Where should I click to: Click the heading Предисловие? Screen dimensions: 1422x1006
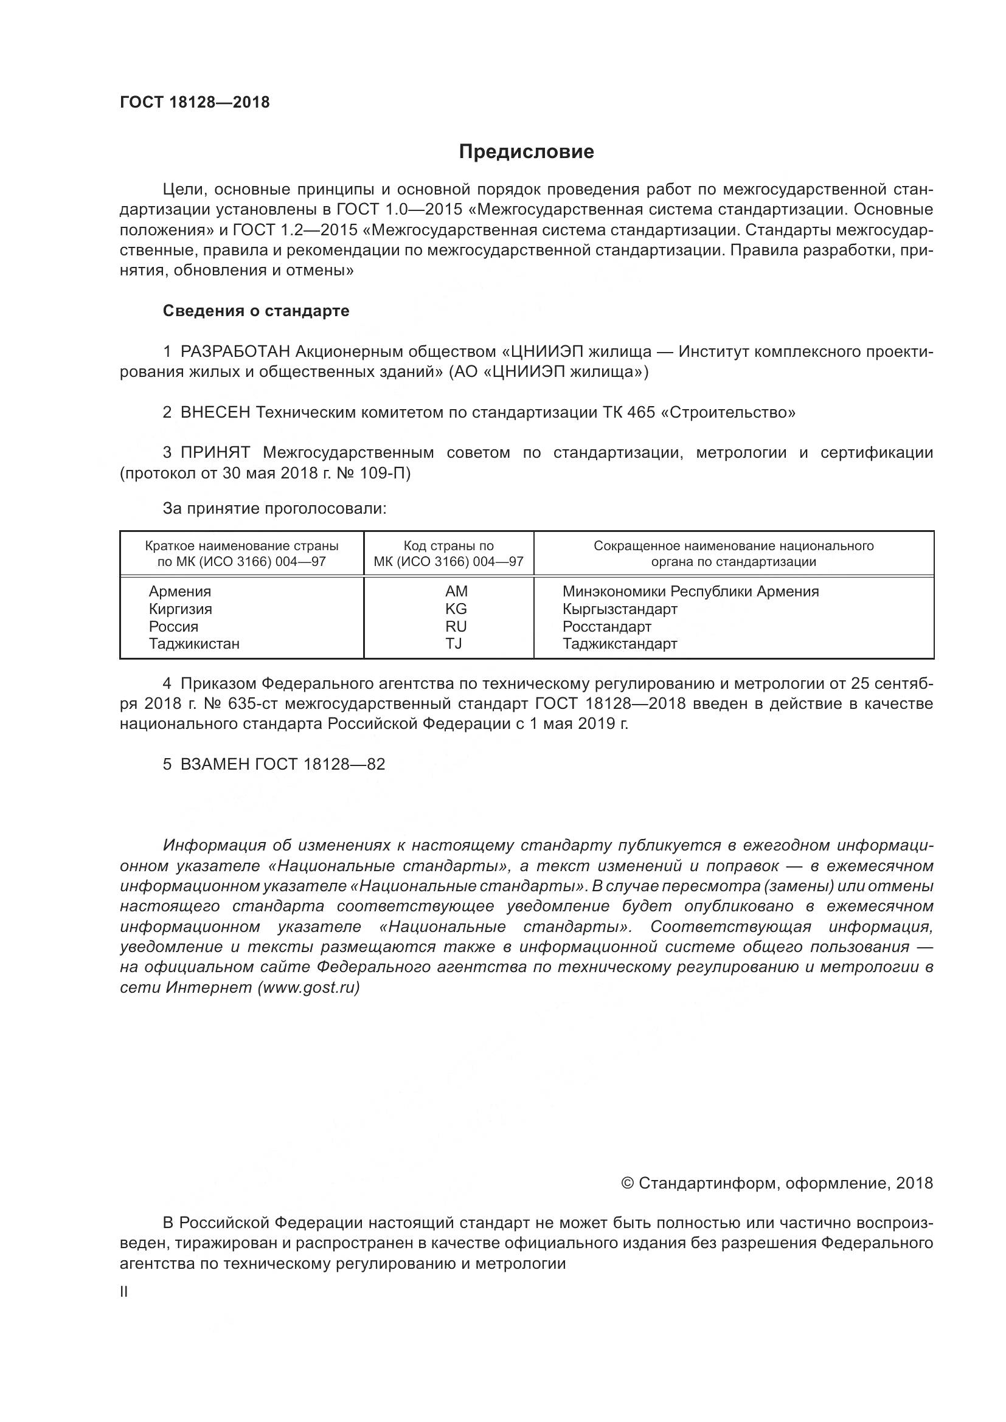526,152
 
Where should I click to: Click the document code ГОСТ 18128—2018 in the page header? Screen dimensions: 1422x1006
195,102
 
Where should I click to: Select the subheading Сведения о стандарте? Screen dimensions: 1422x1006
256,311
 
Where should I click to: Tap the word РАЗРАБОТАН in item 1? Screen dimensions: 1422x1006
235,352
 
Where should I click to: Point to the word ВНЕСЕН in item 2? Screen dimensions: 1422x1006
215,412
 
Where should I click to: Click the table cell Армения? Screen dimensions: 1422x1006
179,592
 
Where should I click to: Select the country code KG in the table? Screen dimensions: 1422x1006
456,609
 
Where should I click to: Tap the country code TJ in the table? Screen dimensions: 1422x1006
454,643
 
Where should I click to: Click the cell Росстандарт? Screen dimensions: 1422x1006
606,626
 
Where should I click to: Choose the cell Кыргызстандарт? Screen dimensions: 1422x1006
619,609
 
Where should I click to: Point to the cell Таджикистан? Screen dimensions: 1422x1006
194,643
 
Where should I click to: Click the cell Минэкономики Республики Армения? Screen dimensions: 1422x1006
690,592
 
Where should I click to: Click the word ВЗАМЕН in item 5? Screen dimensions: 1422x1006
215,764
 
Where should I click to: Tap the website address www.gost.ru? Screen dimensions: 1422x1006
308,987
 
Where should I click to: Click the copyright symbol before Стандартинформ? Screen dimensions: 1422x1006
627,1184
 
